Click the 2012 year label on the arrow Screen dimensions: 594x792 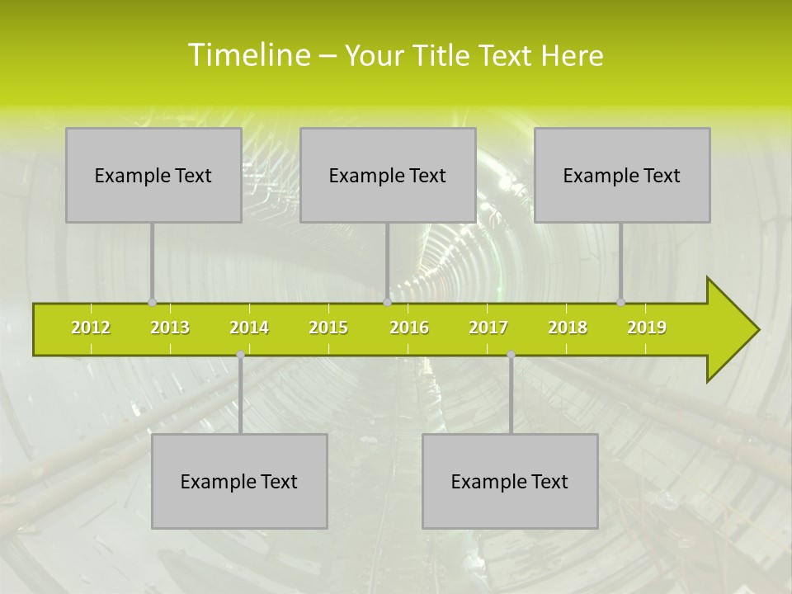91,328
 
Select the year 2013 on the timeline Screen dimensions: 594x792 170,328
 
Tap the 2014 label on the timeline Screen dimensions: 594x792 249,328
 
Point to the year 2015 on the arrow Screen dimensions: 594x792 328,328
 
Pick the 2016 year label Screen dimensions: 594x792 409,328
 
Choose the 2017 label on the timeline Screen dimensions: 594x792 488,328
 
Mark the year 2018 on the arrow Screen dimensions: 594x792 568,328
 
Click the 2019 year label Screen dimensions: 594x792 647,328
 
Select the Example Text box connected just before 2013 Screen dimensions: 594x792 153,175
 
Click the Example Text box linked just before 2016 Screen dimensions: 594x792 388,175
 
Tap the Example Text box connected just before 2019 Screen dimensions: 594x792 622,175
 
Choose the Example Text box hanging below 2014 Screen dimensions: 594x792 239,481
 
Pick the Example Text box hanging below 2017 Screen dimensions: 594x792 510,481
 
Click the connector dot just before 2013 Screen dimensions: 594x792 152,302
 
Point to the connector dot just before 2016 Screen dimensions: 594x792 387,302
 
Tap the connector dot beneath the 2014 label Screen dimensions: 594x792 240,354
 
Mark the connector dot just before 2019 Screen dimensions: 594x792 621,302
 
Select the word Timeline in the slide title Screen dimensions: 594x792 248,55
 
